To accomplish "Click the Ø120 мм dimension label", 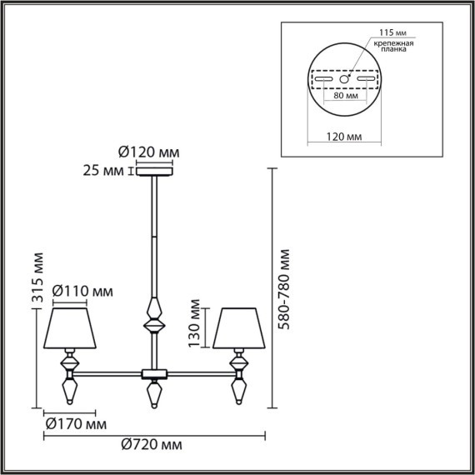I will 147,152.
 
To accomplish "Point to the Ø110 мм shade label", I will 82,292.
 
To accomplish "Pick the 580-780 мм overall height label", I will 286,288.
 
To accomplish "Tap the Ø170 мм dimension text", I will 75,425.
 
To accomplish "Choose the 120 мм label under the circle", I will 343,134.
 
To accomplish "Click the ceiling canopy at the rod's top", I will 154,172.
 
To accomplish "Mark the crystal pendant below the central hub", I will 153,394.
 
